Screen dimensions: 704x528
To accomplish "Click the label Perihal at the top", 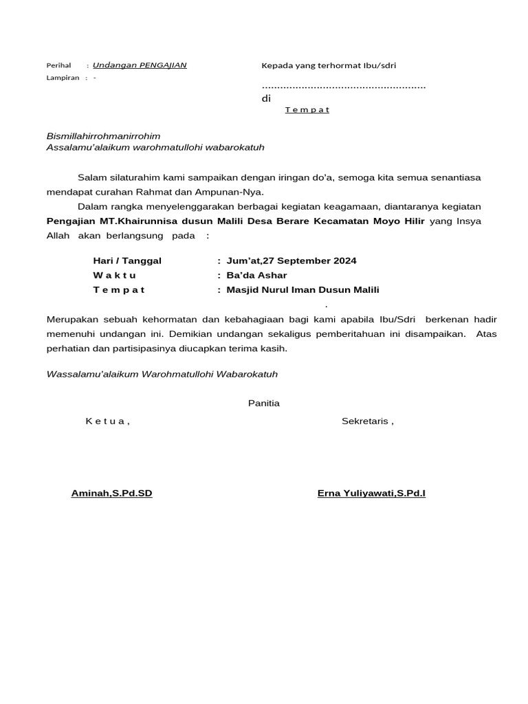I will click(58, 65).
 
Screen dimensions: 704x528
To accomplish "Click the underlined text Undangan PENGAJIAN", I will click(140, 65).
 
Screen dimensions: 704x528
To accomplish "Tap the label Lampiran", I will click(63, 78).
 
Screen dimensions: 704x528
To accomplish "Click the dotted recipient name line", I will click(344, 87).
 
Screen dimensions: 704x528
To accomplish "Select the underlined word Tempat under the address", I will click(307, 110).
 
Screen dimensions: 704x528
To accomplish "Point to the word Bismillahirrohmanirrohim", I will click(103, 136).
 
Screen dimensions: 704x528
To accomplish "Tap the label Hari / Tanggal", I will click(127, 261).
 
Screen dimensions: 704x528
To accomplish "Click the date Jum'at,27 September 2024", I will click(291, 261).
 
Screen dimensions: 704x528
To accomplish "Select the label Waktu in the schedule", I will click(115, 275).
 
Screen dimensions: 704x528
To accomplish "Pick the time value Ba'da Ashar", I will click(256, 275).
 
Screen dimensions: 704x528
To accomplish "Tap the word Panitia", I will click(264, 403).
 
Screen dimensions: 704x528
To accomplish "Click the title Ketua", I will click(107, 421).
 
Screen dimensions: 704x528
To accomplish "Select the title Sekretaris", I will click(367, 421).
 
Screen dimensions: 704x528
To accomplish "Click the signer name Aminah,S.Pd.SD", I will click(112, 494).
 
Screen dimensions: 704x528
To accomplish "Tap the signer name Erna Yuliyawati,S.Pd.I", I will click(371, 494).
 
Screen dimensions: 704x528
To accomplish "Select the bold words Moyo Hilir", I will click(399, 221).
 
